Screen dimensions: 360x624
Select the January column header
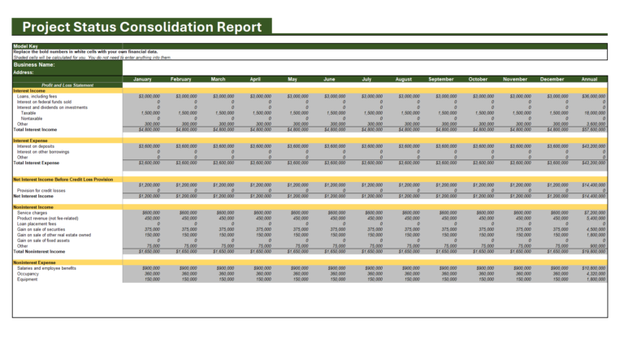[x=141, y=79]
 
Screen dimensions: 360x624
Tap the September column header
[x=440, y=79]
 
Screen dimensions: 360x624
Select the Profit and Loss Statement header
[x=67, y=85]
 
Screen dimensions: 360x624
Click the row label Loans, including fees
[x=37, y=96]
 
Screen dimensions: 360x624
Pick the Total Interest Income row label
[x=36, y=129]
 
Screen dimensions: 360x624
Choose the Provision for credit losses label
[x=42, y=190]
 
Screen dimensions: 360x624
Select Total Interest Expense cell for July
[x=366, y=163]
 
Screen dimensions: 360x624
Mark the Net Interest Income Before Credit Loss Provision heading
[x=63, y=179]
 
